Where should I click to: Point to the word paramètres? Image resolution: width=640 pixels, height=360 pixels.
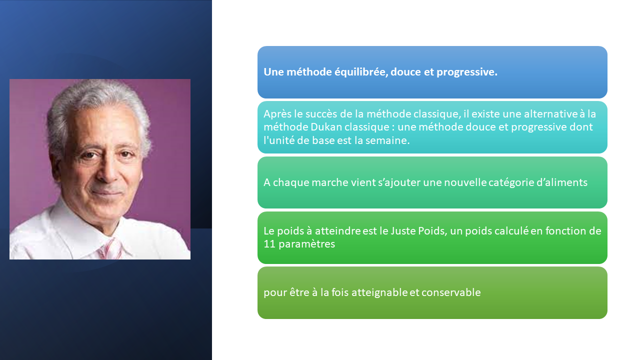[306, 244]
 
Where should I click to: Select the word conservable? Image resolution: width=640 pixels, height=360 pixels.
[451, 292]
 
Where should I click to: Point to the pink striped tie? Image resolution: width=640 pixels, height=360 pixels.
[111, 248]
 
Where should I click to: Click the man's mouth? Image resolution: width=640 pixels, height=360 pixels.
[107, 193]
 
